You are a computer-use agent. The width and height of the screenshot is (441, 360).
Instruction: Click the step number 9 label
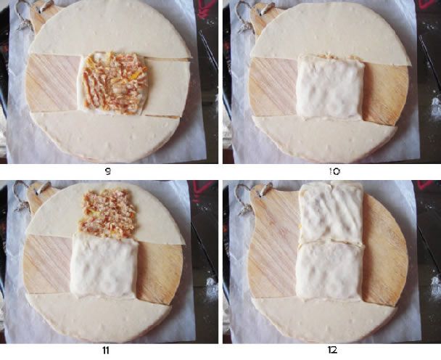[x=107, y=171]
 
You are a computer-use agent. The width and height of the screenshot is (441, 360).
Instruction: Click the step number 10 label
[x=334, y=171]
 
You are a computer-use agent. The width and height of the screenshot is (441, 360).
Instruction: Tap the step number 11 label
[x=106, y=351]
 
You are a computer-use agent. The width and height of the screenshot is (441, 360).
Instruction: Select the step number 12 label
[x=332, y=350]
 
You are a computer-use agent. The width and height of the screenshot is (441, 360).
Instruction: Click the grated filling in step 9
[x=115, y=83]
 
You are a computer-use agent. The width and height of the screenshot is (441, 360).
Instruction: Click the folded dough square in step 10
[x=329, y=87]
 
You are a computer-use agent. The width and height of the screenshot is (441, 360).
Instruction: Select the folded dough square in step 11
[x=104, y=266]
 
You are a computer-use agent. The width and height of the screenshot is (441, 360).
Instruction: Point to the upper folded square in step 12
[x=331, y=212]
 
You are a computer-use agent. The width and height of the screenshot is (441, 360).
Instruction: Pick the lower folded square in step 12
[x=329, y=271]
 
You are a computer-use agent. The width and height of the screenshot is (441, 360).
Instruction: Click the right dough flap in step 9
[x=167, y=87]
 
